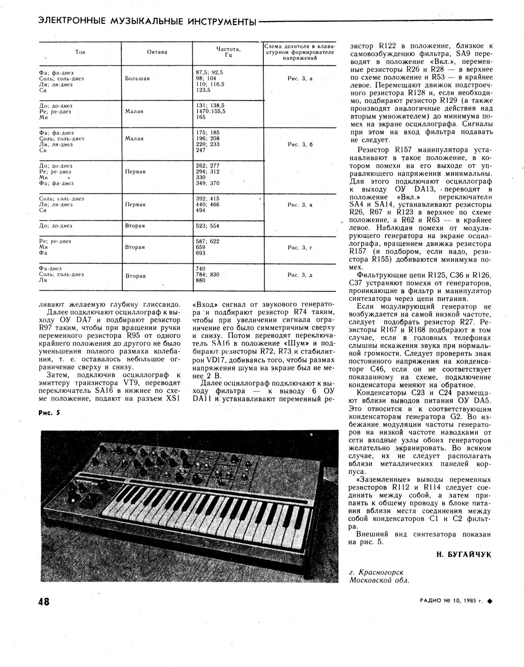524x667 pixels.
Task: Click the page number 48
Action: tap(44, 602)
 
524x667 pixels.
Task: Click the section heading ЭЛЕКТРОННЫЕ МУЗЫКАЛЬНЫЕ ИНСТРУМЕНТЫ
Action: tap(147, 21)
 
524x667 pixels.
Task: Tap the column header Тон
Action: tap(80, 52)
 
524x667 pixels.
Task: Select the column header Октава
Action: tap(157, 52)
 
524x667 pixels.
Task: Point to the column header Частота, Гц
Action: tap(228, 52)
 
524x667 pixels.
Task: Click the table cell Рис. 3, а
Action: tap(300, 78)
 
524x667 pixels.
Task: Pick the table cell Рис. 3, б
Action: tap(300, 145)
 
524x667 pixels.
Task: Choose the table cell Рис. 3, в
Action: tap(300, 205)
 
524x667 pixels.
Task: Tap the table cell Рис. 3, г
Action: tap(300, 248)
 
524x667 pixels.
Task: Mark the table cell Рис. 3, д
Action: tap(300, 275)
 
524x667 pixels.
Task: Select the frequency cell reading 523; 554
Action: tap(207, 226)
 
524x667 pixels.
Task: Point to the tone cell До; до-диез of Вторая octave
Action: tap(55, 226)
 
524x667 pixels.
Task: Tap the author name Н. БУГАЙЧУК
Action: tap(464, 554)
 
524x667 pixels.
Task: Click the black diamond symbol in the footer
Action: tap(489, 601)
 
